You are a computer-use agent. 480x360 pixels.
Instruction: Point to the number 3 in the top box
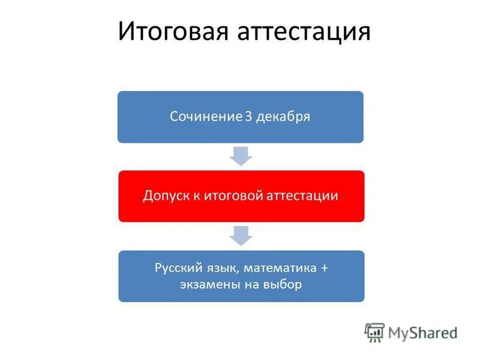pyautogui.click(x=248, y=116)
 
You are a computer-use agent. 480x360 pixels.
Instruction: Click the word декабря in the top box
pyautogui.click(x=283, y=117)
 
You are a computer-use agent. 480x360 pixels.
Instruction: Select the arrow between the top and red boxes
pyautogui.click(x=241, y=156)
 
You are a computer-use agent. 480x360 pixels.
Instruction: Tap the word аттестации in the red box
pyautogui.click(x=303, y=196)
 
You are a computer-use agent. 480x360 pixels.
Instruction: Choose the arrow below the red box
pyautogui.click(x=241, y=236)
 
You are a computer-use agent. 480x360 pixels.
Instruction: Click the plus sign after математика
pyautogui.click(x=324, y=268)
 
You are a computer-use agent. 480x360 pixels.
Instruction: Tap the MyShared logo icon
pyautogui.click(x=374, y=332)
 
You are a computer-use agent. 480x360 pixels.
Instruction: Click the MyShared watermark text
pyautogui.click(x=422, y=332)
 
